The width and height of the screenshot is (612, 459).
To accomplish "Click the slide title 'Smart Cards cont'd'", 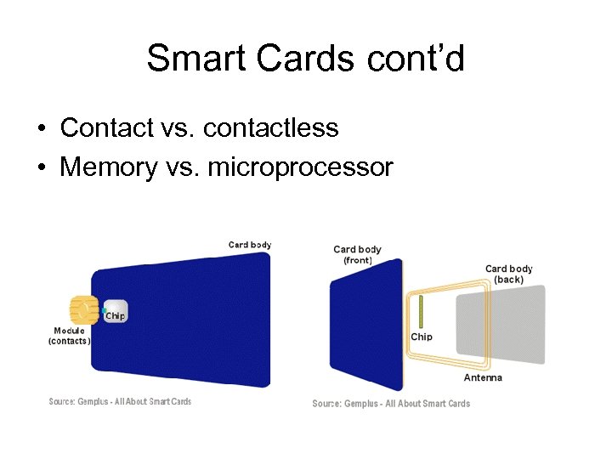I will [x=305, y=59].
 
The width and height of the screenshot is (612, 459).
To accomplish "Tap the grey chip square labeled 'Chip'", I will [x=116, y=312].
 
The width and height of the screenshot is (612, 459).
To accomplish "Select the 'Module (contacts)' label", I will [x=69, y=336].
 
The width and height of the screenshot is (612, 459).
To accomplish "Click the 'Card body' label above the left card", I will [x=250, y=245].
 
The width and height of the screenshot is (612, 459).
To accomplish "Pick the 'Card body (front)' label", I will [x=357, y=254].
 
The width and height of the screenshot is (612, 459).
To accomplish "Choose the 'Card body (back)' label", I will [x=508, y=274].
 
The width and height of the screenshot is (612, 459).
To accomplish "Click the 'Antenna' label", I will [x=482, y=377].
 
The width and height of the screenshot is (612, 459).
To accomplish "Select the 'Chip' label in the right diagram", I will [x=421, y=337].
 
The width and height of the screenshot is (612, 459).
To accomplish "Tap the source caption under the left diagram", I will [x=120, y=402].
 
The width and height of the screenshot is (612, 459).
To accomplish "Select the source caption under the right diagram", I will [x=390, y=404].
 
